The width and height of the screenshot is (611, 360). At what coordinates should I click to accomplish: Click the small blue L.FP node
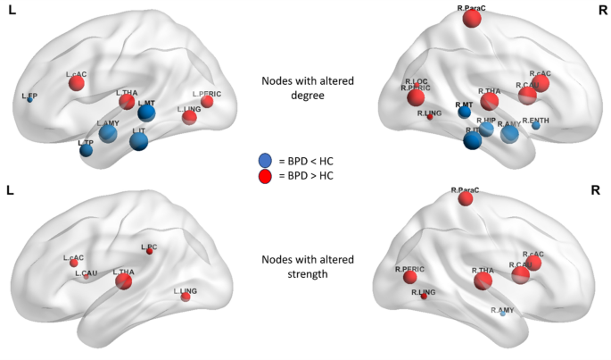[x=29, y=99]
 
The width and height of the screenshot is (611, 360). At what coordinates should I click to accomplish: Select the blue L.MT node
[x=146, y=113]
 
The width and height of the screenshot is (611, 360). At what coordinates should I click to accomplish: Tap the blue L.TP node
[x=86, y=150]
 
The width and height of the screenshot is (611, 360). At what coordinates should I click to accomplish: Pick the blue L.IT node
[x=138, y=141]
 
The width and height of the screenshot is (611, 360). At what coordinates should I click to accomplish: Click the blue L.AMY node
[x=108, y=134]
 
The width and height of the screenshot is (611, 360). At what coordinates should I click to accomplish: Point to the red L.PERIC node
[x=207, y=102]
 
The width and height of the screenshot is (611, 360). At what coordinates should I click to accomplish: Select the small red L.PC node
[x=149, y=252]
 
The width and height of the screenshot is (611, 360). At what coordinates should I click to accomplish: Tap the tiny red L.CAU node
[x=86, y=277]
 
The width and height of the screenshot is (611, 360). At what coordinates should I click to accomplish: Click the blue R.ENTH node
[x=535, y=126]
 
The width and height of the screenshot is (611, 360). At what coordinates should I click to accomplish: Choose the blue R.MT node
[x=464, y=113]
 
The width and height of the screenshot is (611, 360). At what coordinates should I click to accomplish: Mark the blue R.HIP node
[x=486, y=129]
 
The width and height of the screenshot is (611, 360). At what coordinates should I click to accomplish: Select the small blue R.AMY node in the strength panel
[x=502, y=314]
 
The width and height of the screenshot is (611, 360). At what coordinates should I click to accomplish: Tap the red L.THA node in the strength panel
[x=124, y=282]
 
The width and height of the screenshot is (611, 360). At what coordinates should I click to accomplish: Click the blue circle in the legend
[x=265, y=160]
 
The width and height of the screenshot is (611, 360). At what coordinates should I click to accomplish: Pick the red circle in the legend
[x=265, y=176]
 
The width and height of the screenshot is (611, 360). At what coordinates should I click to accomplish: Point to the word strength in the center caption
[x=294, y=273]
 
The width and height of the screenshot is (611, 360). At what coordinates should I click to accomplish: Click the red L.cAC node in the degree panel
[x=77, y=84]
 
